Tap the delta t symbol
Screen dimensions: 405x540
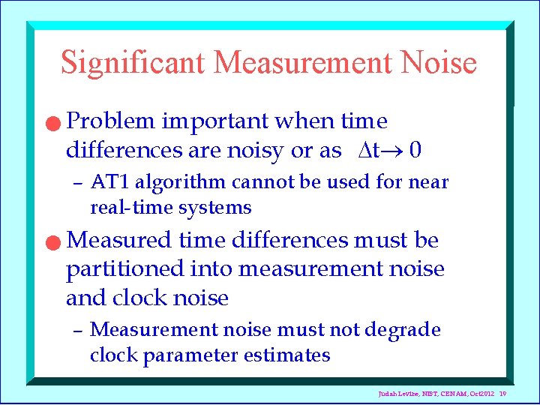click(366, 151)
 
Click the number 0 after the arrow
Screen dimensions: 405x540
click(415, 151)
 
